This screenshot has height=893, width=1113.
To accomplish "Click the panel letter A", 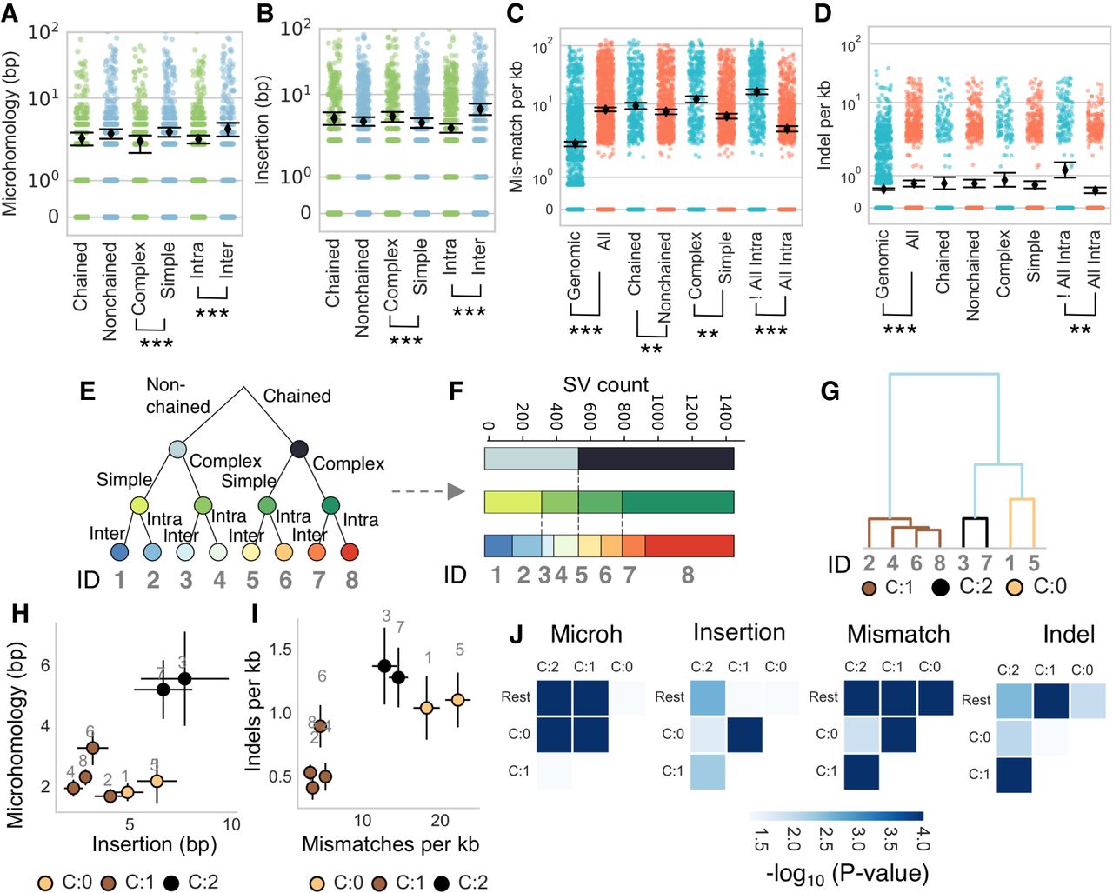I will coord(12,15).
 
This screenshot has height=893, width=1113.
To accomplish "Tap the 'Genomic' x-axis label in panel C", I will coord(574,265).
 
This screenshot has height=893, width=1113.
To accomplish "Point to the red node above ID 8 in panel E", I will coord(350,551).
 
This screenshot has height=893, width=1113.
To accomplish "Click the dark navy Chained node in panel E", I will coord(299,449).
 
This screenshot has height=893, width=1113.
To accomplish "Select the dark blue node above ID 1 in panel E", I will coord(120,551).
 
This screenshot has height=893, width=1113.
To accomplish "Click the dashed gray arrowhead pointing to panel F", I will coord(456,491).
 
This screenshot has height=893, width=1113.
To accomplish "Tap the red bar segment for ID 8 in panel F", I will coord(689,546).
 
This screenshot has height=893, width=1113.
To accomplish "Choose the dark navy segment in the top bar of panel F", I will coord(656,458).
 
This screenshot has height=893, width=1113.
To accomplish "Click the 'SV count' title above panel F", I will coord(606,385).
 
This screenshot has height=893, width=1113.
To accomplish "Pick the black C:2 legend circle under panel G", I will coord(939,587).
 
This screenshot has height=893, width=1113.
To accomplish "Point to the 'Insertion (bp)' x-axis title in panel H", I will coord(155,843).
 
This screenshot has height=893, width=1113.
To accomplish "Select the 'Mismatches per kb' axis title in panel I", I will coord(390,843).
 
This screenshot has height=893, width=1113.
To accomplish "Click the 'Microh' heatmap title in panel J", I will coord(587,635).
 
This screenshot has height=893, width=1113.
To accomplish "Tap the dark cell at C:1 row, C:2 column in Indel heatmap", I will coord(1014,776).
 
